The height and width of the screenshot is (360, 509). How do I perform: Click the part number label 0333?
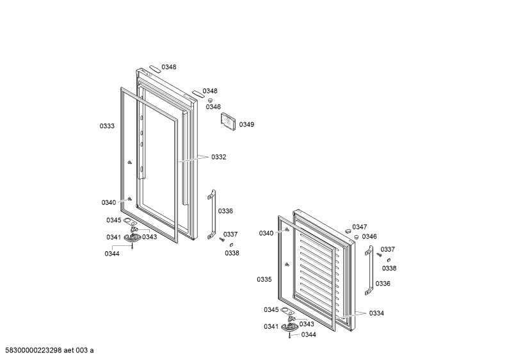(107, 126)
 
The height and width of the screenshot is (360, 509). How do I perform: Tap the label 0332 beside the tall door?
(219, 157)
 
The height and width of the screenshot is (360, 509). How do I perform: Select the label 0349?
(246, 124)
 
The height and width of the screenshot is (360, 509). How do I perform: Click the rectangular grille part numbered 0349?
(228, 122)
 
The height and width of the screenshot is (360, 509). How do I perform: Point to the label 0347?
(360, 227)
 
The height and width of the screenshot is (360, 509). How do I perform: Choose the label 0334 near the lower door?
(376, 313)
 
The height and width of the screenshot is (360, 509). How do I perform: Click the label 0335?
(264, 279)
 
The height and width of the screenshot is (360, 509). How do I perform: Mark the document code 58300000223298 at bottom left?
(34, 350)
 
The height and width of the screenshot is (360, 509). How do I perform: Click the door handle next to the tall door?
(212, 215)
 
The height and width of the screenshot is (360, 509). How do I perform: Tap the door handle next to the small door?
(369, 270)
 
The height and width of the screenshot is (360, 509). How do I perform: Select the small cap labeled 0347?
(348, 231)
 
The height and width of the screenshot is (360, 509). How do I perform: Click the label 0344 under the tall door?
(112, 254)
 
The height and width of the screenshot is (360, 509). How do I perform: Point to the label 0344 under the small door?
(309, 334)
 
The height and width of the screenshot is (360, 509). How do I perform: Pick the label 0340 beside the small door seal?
(266, 233)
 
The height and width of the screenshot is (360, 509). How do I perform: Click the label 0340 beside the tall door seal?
(109, 203)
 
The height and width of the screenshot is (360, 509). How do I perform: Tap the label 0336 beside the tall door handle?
(225, 211)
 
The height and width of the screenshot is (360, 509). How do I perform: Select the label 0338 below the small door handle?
(389, 268)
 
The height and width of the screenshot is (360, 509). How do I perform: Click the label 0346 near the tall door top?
(213, 107)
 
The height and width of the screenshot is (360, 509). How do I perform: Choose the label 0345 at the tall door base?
(113, 220)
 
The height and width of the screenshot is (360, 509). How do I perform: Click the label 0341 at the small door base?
(271, 327)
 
